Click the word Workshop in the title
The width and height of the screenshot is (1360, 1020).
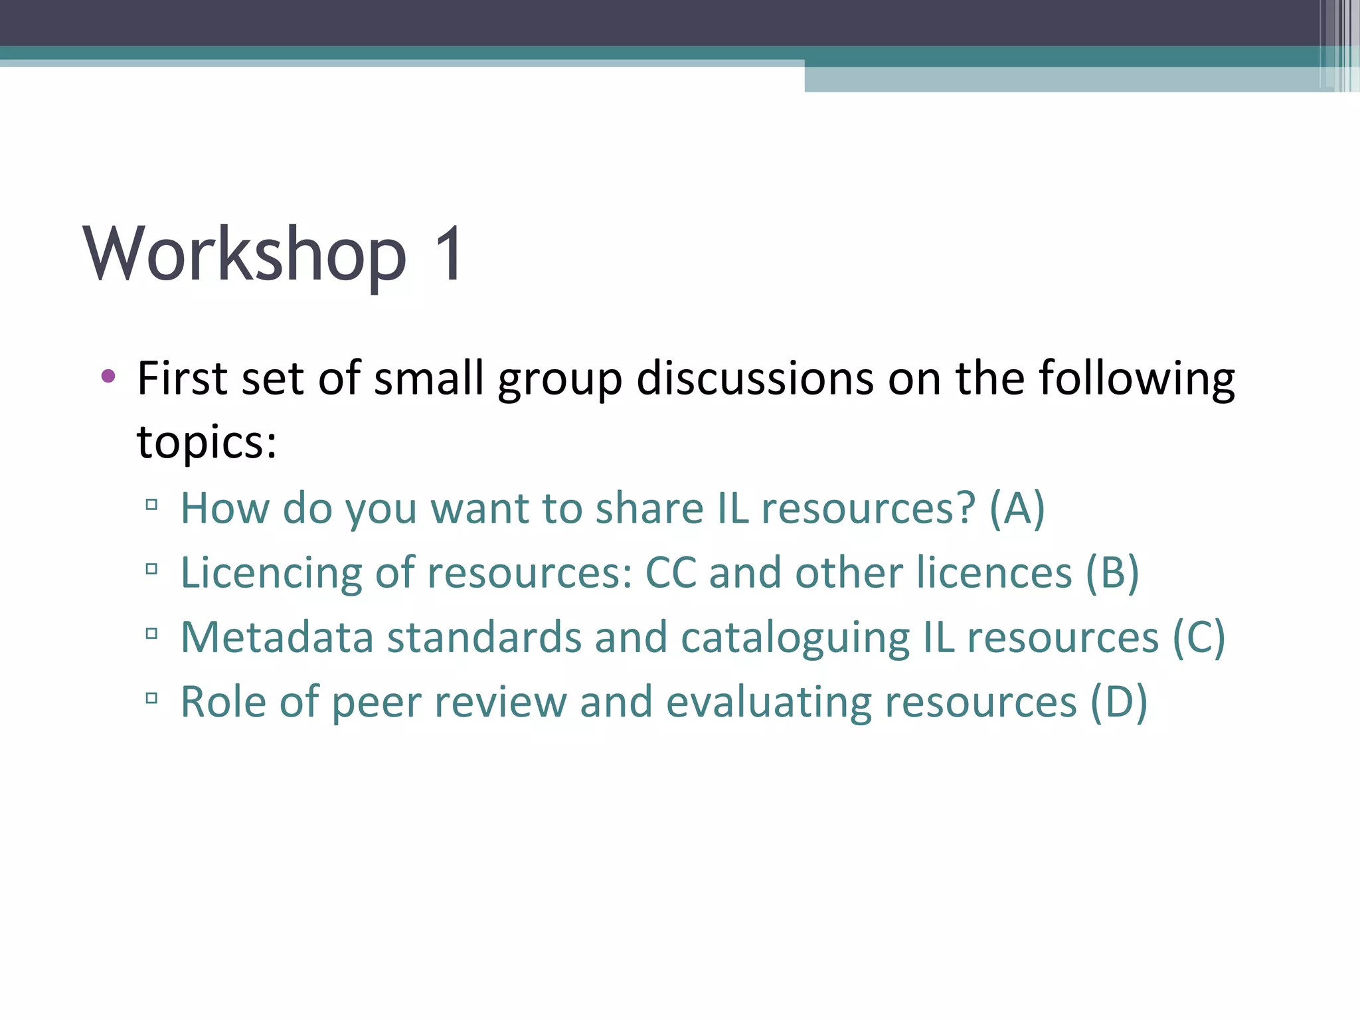click(x=244, y=255)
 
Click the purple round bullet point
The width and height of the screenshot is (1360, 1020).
click(x=108, y=377)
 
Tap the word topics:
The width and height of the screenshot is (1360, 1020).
click(x=207, y=442)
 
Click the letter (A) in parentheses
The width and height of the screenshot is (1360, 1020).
click(x=1017, y=509)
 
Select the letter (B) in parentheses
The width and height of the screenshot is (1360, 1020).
click(x=1112, y=572)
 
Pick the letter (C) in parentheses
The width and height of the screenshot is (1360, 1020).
click(x=1198, y=637)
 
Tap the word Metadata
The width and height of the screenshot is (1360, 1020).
click(x=277, y=637)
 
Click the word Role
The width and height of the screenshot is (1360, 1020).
click(x=223, y=702)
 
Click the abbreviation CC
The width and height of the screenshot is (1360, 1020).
click(x=671, y=572)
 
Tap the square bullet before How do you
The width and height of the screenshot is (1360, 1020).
click(x=151, y=505)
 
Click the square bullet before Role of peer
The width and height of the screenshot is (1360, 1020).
click(x=151, y=698)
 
